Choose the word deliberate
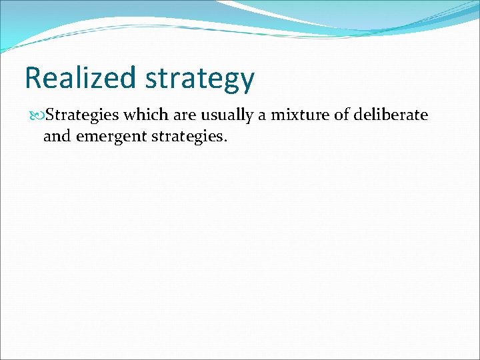pos(391,115)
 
